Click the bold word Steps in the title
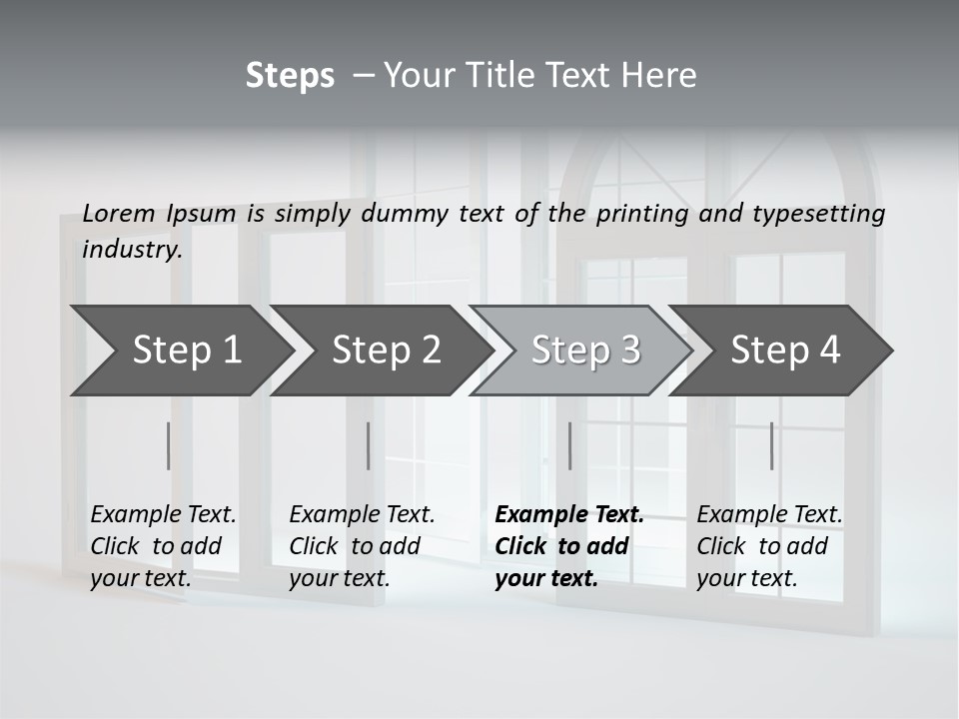(x=290, y=76)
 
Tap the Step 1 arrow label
(x=187, y=351)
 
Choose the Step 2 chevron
(x=387, y=351)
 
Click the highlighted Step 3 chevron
(x=585, y=351)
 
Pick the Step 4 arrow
(x=785, y=351)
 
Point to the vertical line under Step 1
(x=168, y=445)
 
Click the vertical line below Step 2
(x=369, y=445)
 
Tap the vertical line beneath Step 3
(x=569, y=445)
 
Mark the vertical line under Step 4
(x=771, y=445)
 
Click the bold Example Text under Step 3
(x=569, y=515)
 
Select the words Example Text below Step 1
(x=163, y=515)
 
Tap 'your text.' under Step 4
(x=746, y=578)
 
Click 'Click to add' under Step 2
(x=355, y=546)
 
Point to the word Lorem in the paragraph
(x=119, y=213)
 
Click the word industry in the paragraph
(x=132, y=249)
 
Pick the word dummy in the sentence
(x=405, y=213)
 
